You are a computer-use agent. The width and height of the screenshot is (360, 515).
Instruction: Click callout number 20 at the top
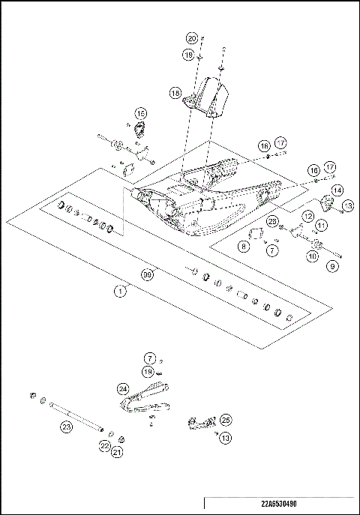coord(191,38)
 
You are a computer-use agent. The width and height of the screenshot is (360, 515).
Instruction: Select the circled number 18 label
coord(175,94)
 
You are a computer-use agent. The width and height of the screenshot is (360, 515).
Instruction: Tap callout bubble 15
coord(140,113)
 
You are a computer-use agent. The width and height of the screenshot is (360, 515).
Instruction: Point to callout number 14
coord(337,190)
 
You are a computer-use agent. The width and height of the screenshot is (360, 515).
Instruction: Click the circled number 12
coord(308,216)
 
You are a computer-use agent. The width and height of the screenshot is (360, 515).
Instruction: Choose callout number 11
coord(321,225)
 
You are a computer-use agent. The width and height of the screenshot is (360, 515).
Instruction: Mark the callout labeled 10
coord(312,256)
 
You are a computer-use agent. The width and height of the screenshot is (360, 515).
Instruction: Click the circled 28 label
coord(273,220)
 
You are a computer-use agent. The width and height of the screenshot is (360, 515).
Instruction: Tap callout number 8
coord(245,245)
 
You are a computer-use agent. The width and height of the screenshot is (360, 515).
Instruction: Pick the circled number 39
coord(148,275)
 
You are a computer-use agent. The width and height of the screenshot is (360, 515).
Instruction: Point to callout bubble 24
coord(123,388)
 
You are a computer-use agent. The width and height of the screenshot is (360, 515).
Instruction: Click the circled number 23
coord(66,427)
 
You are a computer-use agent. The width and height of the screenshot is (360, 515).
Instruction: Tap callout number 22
coord(105,445)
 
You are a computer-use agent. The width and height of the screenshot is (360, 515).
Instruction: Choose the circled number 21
coord(117,452)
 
